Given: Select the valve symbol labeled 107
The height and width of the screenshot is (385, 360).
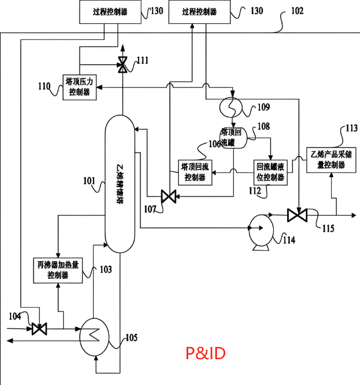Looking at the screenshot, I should click(x=164, y=196).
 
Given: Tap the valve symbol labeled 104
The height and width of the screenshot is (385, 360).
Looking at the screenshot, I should click(x=39, y=328).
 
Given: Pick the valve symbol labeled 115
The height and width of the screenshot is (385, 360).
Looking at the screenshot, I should click(x=297, y=215).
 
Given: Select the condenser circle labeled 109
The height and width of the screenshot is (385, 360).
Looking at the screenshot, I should click(x=231, y=107).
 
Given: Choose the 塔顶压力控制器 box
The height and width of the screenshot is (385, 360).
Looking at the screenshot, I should click(x=79, y=87).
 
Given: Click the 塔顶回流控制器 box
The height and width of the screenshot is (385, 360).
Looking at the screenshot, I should click(x=195, y=172).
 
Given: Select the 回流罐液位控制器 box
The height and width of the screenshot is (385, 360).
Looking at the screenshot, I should click(x=270, y=172).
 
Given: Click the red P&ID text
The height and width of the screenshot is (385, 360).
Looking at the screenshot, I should click(x=204, y=353).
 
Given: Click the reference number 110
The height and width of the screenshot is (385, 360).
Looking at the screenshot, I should click(x=44, y=87).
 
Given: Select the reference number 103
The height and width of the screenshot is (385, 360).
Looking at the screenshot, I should click(x=106, y=270).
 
